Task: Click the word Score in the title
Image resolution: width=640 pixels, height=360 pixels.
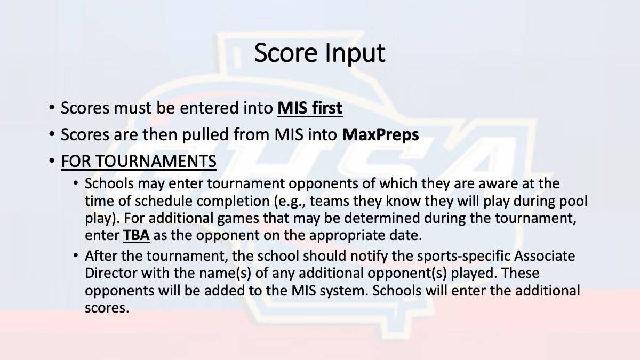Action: [x=286, y=53]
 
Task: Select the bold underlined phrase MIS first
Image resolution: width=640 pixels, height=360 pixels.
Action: [x=310, y=108]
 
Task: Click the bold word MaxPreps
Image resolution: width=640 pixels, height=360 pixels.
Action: [x=381, y=135]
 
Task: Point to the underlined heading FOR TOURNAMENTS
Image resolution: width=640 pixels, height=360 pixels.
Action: [x=139, y=161]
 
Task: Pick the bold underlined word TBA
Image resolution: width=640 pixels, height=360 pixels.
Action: [x=137, y=236]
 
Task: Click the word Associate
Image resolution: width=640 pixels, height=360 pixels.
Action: [x=545, y=256]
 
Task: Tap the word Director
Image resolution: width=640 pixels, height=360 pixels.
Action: [x=111, y=273]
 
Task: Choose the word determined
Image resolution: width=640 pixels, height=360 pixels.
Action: [x=382, y=218]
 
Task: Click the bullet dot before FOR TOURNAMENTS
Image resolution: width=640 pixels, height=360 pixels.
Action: [x=52, y=161]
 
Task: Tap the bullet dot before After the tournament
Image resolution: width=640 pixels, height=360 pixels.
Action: [x=75, y=255]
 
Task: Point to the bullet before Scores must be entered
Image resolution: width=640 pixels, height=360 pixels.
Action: [x=52, y=108]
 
